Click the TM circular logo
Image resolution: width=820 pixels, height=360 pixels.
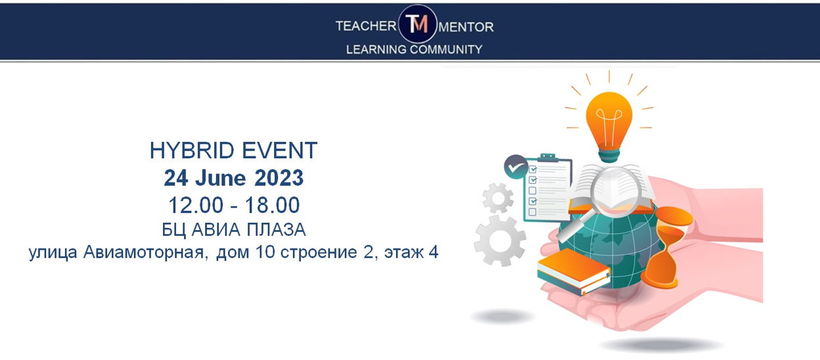pyautogui.click(x=417, y=24)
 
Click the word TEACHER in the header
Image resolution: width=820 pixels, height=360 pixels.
pyautogui.click(x=366, y=26)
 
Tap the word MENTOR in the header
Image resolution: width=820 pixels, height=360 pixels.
pyautogui.click(x=466, y=27)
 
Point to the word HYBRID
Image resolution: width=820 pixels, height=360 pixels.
pyautogui.click(x=192, y=150)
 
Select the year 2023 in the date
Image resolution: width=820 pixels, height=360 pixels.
pyautogui.click(x=279, y=178)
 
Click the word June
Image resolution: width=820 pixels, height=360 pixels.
pyautogui.click(x=220, y=178)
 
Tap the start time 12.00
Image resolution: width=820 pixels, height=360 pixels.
pyautogui.click(x=196, y=205)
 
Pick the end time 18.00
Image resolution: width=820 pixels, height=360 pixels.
pyautogui.click(x=273, y=205)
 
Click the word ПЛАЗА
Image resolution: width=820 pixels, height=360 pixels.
pyautogui.click(x=276, y=230)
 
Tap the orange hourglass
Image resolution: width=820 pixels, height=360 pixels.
pyautogui.click(x=664, y=247)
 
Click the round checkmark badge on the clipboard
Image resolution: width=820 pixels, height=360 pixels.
pyautogui.click(x=516, y=167)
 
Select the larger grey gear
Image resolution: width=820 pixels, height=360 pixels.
pyautogui.click(x=499, y=240)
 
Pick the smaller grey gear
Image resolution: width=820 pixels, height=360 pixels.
pyautogui.click(x=498, y=198)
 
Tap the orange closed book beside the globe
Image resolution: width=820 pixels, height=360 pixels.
pyautogui.click(x=573, y=271)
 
